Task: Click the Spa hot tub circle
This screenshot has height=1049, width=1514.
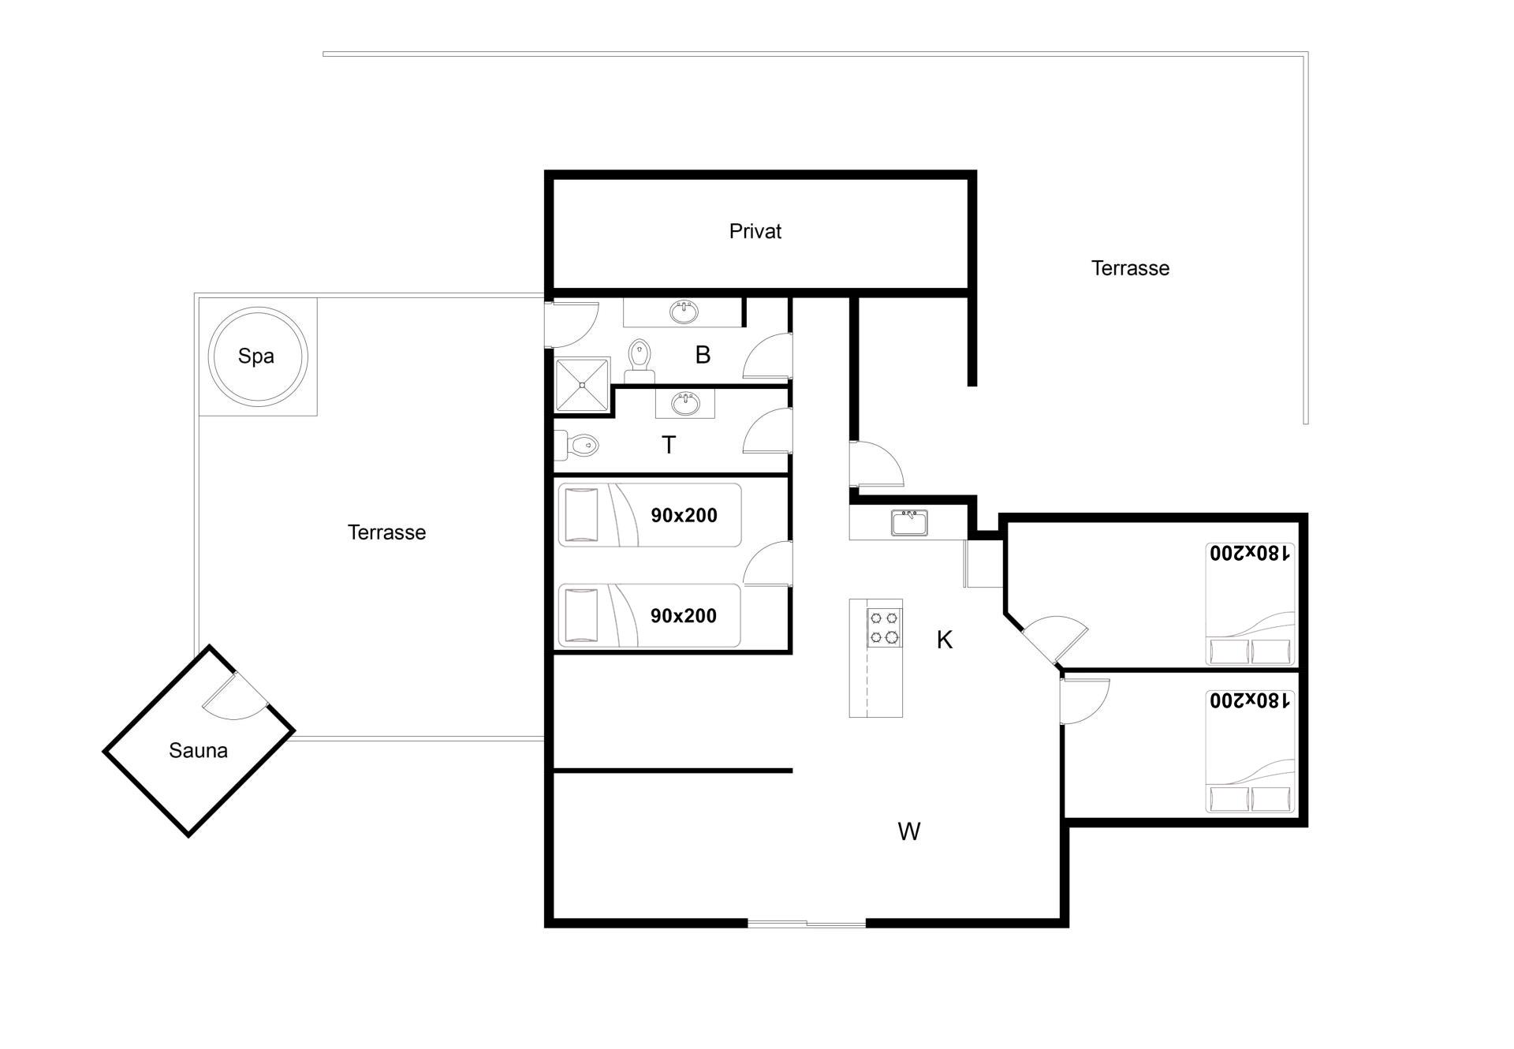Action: (x=257, y=307)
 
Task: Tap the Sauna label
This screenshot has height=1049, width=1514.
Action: (x=198, y=750)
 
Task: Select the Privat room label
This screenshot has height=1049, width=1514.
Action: (x=755, y=231)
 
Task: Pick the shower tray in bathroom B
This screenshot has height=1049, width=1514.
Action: (x=583, y=385)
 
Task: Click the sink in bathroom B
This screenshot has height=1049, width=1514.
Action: (x=684, y=312)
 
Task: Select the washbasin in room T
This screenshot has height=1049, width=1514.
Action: (x=685, y=405)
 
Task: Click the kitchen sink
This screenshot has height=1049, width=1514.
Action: (x=909, y=523)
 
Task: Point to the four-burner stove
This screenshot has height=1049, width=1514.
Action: (x=884, y=627)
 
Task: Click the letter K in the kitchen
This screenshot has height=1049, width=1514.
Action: (x=945, y=640)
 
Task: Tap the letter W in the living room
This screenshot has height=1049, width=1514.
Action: (x=909, y=831)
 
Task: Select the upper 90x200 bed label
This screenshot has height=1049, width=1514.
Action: (x=684, y=516)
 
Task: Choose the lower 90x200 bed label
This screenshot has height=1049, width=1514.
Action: (x=684, y=616)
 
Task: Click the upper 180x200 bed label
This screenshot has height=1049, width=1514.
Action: (x=1251, y=553)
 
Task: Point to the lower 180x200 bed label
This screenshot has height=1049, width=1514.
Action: (x=1251, y=700)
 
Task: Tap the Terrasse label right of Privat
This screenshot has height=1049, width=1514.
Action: (x=1130, y=268)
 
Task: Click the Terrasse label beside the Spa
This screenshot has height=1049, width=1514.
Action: (x=386, y=532)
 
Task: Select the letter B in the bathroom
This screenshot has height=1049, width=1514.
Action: (x=703, y=355)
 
